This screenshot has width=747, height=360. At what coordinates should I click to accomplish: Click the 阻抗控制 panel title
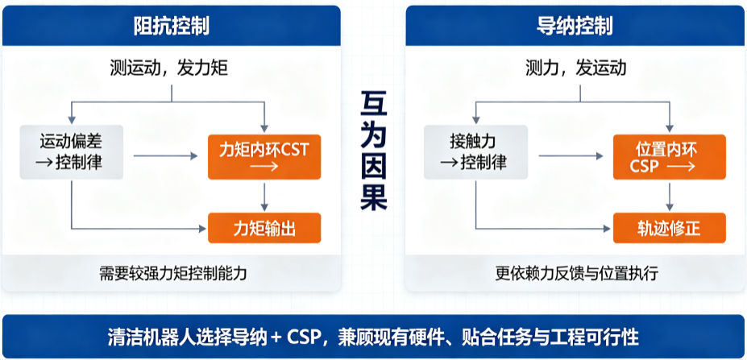(x=172, y=27)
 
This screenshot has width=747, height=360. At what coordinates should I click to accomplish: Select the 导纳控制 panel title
(x=575, y=27)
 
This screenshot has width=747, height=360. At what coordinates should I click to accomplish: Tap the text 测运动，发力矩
(x=168, y=69)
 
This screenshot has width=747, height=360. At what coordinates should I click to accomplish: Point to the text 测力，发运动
(x=576, y=69)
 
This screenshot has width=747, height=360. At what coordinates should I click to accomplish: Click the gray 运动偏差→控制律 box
(x=72, y=152)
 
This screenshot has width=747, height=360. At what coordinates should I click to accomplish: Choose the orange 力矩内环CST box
(x=264, y=157)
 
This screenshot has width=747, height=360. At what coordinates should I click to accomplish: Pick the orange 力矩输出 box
(x=264, y=228)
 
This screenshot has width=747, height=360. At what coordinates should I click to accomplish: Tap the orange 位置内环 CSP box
(x=670, y=157)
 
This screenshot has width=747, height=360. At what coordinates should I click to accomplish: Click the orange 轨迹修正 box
(x=670, y=228)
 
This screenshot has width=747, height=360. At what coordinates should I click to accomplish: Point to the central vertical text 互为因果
(x=374, y=151)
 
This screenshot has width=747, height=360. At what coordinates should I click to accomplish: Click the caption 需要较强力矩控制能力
(x=173, y=274)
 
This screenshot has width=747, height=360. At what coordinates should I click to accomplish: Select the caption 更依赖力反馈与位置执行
(x=576, y=274)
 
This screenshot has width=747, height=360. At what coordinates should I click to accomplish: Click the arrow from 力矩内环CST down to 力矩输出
(x=264, y=197)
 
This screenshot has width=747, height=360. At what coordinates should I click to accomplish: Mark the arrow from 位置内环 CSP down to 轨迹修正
(x=670, y=197)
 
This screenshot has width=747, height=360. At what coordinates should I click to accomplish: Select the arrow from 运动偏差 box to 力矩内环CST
(x=165, y=155)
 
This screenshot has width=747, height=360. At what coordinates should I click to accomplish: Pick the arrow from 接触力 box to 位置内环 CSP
(x=571, y=155)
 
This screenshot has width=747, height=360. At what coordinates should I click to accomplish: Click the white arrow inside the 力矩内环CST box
(x=264, y=167)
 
